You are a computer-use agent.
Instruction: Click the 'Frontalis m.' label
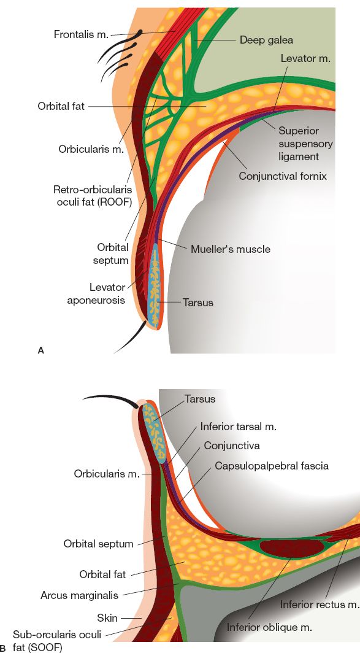80,34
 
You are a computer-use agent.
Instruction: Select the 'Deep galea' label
266,40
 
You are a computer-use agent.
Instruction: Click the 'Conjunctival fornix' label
283,176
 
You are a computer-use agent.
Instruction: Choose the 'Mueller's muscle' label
230,249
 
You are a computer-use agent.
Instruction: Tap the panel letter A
41,350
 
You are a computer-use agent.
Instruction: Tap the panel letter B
4,647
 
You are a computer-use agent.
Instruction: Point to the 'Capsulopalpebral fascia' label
271,466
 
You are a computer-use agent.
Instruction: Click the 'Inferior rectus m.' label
319,605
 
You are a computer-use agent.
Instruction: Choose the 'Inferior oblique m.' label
269,627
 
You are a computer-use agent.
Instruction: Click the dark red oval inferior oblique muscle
286,546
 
